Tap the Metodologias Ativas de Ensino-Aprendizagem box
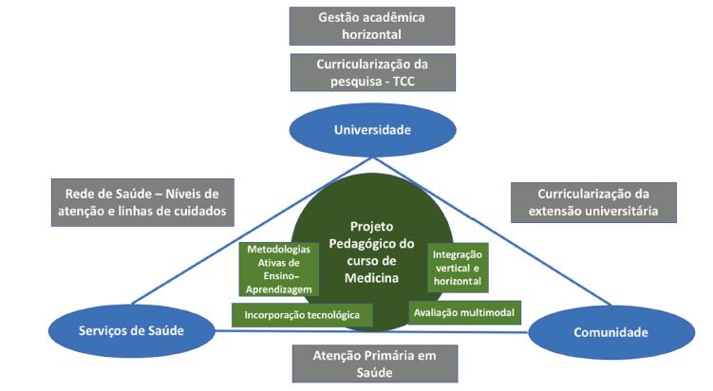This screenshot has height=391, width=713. (272, 269)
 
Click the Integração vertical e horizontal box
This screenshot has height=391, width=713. (457, 268)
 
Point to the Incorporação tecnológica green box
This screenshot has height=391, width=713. (301, 314)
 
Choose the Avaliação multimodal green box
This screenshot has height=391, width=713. (463, 310)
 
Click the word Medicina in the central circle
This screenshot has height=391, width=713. (364, 278)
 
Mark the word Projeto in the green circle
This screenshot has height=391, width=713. (365, 228)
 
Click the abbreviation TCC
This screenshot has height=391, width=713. (402, 83)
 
